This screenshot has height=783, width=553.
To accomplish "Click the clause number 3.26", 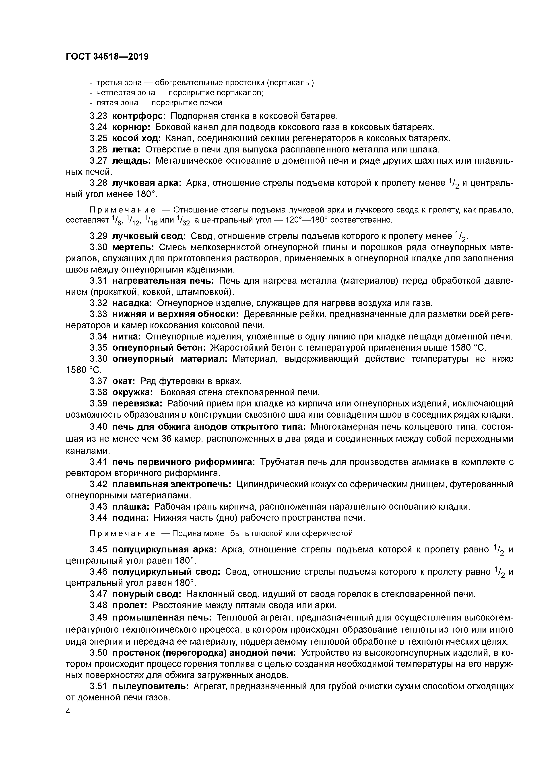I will [99, 149].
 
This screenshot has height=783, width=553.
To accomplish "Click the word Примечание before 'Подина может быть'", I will [123, 533].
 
